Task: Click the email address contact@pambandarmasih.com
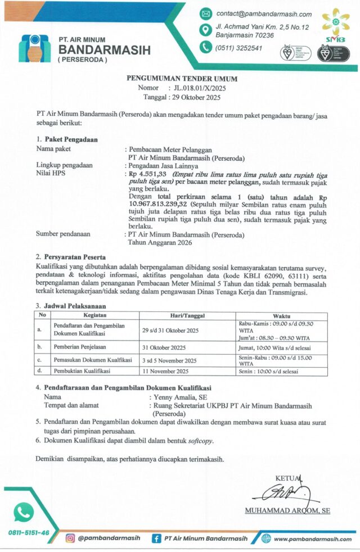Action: [x=264, y=14]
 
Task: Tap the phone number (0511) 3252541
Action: [x=238, y=48]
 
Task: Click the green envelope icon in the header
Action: [x=206, y=14]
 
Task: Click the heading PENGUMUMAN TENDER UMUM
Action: [x=182, y=79]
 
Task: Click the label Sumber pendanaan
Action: [x=63, y=234]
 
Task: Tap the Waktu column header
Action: [x=282, y=315]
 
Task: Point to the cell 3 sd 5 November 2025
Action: [x=169, y=360]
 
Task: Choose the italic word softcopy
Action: [x=201, y=441]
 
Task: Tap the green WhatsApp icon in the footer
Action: [x=24, y=512]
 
